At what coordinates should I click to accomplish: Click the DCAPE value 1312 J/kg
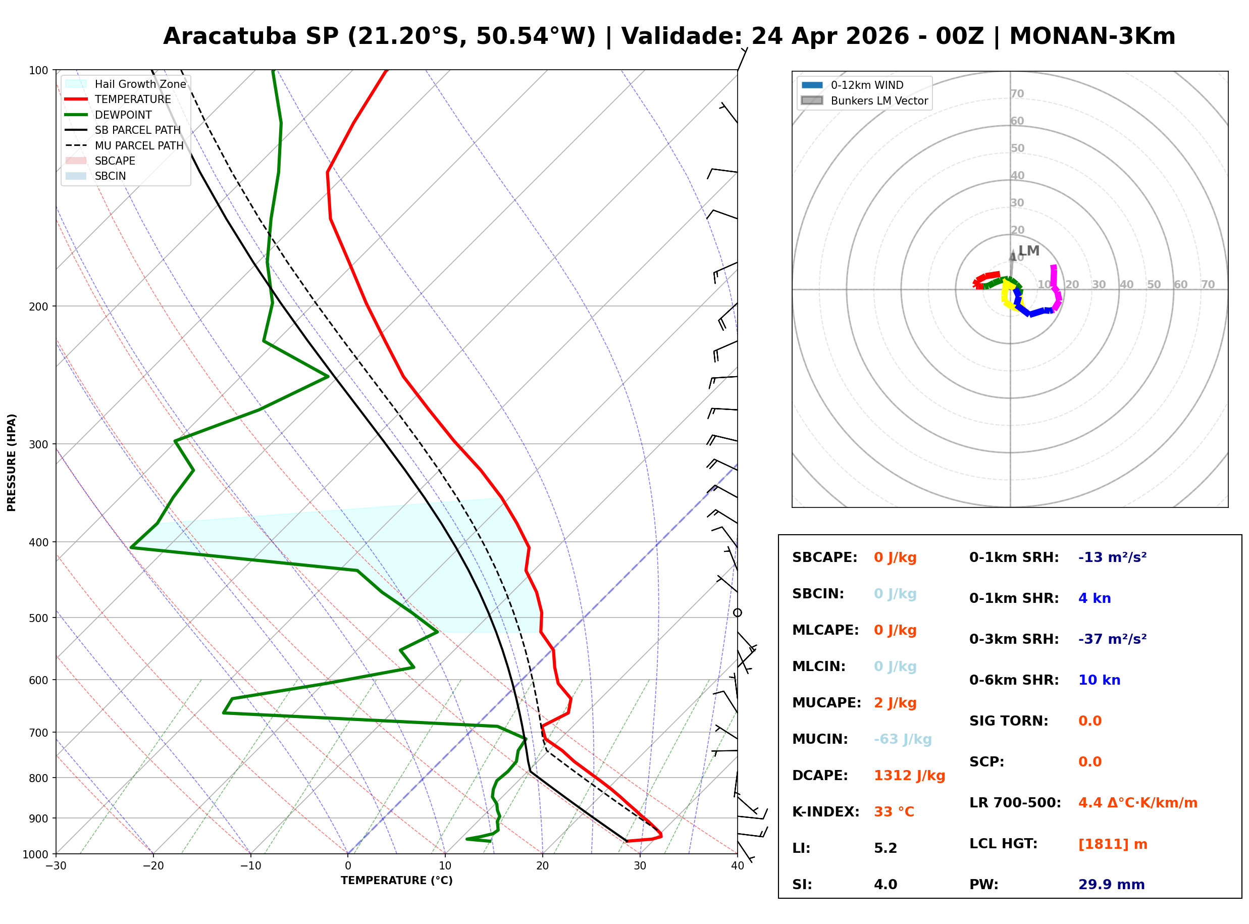(909, 775)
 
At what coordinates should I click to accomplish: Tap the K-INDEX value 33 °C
(894, 811)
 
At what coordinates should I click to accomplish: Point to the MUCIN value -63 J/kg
(902, 739)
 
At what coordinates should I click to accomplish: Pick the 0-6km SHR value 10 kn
(1099, 680)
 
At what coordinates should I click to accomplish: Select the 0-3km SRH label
(1014, 639)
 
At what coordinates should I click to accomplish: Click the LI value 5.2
(885, 848)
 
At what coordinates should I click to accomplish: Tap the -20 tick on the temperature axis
(152, 866)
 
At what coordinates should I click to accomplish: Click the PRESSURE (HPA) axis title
(12, 462)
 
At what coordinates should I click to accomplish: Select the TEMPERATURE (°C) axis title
(396, 881)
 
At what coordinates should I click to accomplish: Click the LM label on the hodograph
(1028, 250)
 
